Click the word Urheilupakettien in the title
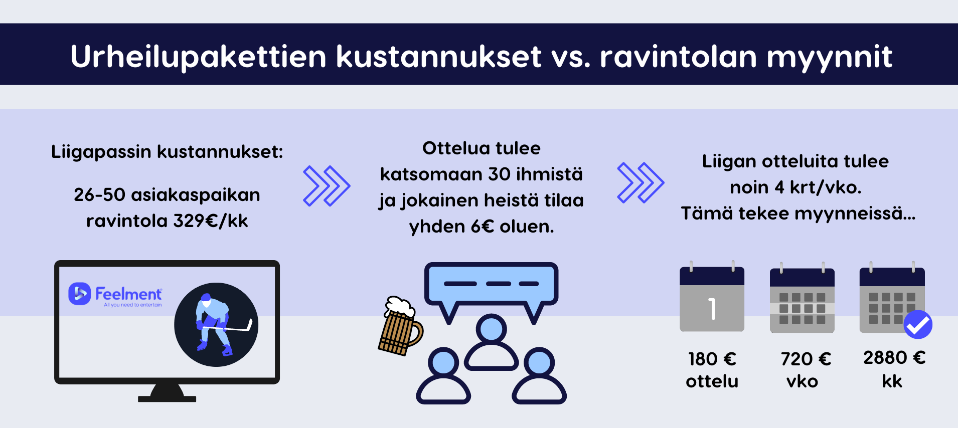click(x=199, y=57)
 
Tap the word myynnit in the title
click(x=830, y=57)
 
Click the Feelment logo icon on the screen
click(x=80, y=294)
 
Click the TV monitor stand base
click(x=167, y=393)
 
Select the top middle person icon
click(x=492, y=343)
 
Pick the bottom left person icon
click(x=443, y=376)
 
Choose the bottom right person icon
click(x=539, y=376)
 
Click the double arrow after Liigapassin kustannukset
click(x=327, y=186)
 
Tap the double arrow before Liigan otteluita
click(x=641, y=182)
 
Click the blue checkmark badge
click(x=918, y=325)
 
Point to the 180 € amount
click(x=712, y=359)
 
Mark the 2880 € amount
click(x=894, y=357)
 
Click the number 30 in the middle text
click(x=499, y=174)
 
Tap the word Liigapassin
click(x=101, y=152)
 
